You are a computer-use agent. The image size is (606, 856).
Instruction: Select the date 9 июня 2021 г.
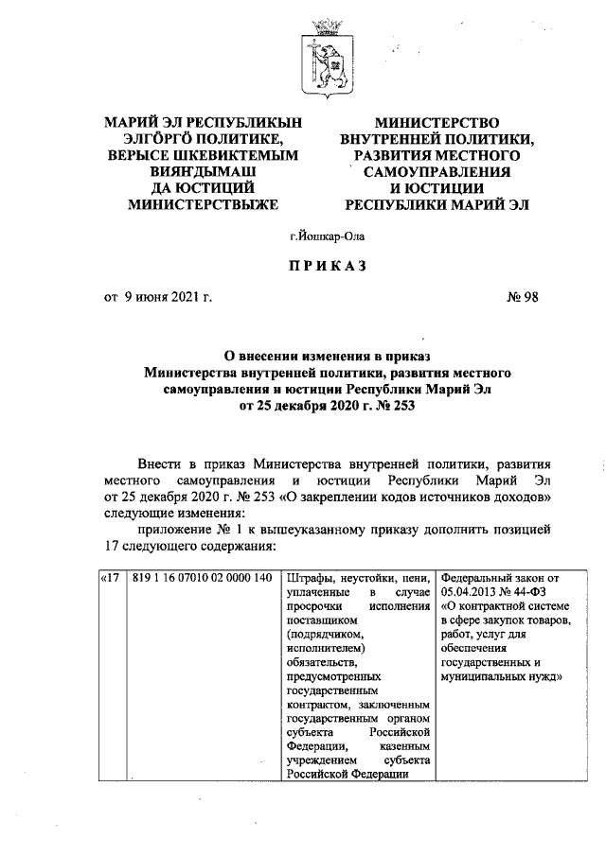(167, 299)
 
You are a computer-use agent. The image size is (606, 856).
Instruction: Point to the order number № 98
(523, 299)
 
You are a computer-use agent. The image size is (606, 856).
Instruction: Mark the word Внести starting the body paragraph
(161, 464)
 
